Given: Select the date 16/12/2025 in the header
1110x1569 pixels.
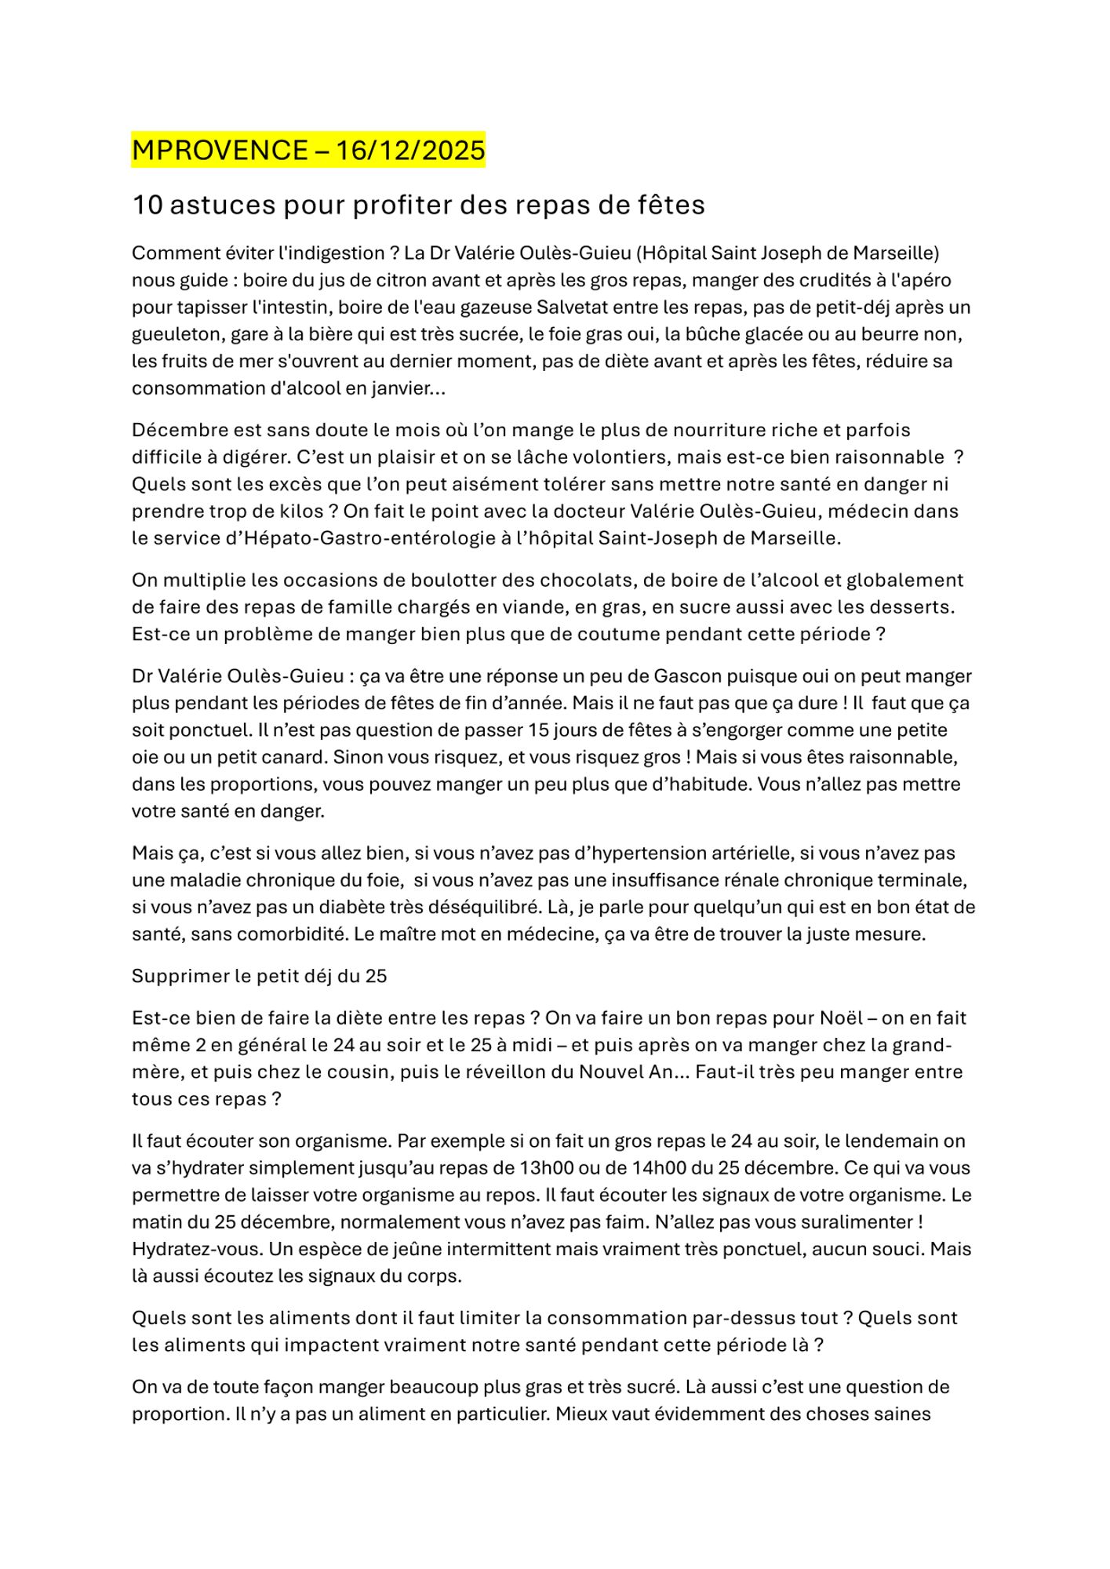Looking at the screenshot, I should tap(410, 150).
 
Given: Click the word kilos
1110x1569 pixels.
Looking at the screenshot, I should tap(302, 511).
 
